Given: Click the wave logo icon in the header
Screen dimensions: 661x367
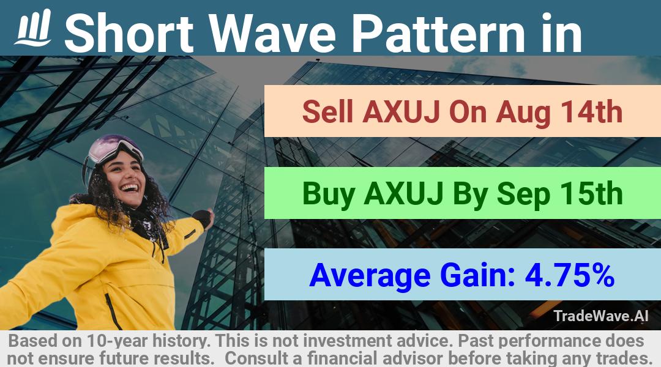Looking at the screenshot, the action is click(x=33, y=28).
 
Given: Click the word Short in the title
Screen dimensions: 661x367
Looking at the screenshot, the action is click(x=129, y=33).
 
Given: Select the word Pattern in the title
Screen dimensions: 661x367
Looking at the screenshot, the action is click(x=438, y=33).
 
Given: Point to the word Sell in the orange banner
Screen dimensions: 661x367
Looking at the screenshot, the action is click(x=327, y=112).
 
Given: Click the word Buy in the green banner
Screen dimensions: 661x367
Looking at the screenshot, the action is click(x=329, y=194).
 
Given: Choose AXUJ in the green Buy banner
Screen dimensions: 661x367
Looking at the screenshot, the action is click(x=403, y=194).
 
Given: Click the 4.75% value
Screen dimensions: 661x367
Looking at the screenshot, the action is click(x=570, y=275).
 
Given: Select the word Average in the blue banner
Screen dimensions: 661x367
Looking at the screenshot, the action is click(x=370, y=276).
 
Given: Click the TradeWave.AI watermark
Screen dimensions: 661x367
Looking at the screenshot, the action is click(x=601, y=316).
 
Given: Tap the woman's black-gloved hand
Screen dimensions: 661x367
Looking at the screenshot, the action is click(x=204, y=218).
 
